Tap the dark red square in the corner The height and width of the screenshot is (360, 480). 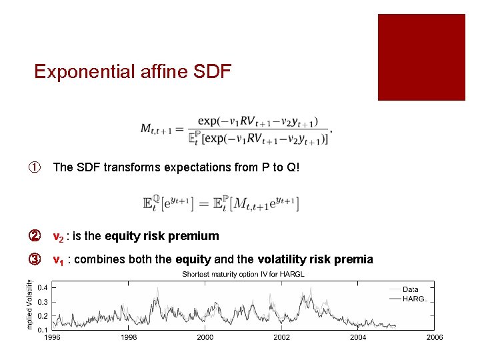[421, 57]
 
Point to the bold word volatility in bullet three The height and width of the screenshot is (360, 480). [282, 259]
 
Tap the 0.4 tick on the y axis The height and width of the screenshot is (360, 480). [42, 287]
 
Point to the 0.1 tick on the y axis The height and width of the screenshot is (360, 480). [42, 329]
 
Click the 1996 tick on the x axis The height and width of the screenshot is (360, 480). [53, 338]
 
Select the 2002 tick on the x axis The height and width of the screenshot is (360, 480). [281, 338]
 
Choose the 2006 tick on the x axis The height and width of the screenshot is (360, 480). [434, 338]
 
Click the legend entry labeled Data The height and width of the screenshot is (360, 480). [411, 289]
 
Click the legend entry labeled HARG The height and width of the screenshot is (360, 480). [413, 299]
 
